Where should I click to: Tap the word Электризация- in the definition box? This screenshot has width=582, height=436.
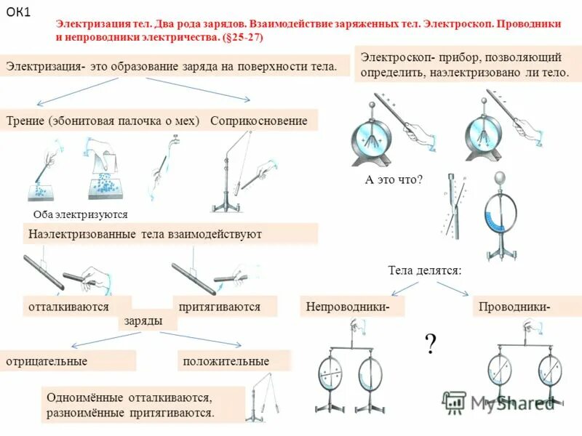click(46, 66)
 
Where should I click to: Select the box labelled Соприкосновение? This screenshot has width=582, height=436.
click(259, 121)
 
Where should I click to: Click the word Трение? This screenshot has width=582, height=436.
click(26, 121)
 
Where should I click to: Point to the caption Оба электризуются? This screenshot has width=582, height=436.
click(81, 214)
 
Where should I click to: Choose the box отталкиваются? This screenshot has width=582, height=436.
click(68, 307)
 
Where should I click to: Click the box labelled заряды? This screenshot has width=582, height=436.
click(143, 320)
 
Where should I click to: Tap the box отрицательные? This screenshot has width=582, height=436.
click(47, 361)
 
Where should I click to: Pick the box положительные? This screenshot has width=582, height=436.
click(226, 361)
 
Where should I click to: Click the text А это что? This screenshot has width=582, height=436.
click(394, 180)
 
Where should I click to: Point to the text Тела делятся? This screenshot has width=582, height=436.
click(425, 270)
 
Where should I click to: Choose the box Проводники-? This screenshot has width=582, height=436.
click(514, 307)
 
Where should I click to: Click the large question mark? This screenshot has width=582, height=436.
click(431, 343)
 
